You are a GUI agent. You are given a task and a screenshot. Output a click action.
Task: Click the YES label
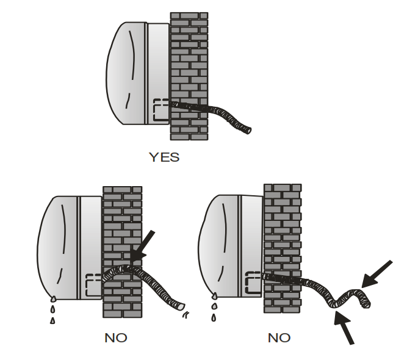click(164, 157)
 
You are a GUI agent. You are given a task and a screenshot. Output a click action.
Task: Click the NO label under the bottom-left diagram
click(116, 337)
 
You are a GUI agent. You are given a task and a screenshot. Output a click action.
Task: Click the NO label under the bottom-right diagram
click(279, 337)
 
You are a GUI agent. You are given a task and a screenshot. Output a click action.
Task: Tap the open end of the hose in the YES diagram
click(248, 131)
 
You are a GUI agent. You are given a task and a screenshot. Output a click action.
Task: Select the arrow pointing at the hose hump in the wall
click(142, 246)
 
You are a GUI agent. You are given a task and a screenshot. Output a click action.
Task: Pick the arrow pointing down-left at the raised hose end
click(376, 274)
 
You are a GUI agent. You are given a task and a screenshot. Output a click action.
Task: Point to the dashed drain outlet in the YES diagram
click(161, 110)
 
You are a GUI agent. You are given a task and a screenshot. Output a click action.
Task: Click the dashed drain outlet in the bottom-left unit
click(93, 285)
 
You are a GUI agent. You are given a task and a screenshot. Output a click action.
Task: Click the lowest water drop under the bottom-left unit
click(52, 320)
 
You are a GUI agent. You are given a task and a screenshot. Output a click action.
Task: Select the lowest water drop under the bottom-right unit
click(214, 317)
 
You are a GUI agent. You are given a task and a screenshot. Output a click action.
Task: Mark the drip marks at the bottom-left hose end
click(186, 315)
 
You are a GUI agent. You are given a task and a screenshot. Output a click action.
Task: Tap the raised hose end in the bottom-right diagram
click(366, 302)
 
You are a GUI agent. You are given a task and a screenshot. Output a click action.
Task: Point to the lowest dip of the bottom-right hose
click(334, 305)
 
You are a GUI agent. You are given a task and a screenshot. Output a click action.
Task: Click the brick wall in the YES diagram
click(189, 76)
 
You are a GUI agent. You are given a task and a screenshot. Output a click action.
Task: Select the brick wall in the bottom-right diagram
click(283, 248)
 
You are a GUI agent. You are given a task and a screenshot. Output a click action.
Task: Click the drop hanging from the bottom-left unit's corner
click(53, 299)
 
